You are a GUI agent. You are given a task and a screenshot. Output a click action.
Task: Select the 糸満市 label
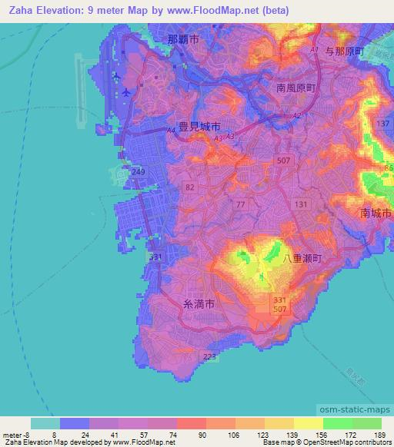coord(199,304)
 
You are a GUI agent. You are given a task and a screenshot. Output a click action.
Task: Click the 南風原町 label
coord(296,88)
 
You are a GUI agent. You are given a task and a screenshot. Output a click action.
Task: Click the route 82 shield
coord(189,187)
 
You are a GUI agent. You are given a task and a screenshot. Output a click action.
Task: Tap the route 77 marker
coord(241,204)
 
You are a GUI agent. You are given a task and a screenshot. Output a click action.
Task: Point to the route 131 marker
coord(300,203)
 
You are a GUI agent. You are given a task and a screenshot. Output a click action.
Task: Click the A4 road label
coord(171,131)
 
